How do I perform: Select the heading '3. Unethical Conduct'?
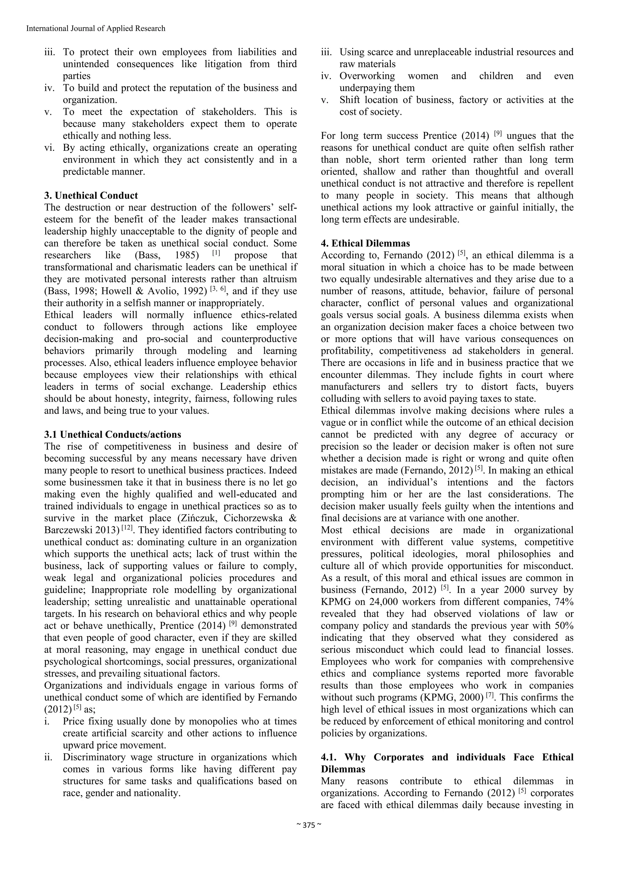pos(91,196)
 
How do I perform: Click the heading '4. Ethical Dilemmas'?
pos(365,243)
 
